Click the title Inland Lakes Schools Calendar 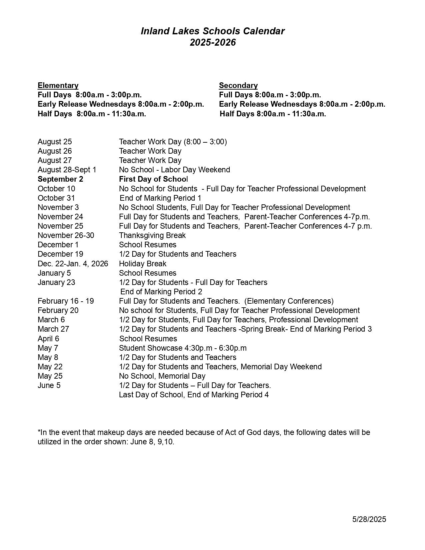[212, 31]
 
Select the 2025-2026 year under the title [213, 43]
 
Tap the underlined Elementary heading [58, 86]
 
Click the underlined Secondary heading [238, 86]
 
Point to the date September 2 [60, 179]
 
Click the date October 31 [56, 198]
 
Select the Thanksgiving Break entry [152, 236]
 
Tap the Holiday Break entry [143, 264]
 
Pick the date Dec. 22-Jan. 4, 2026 [73, 264]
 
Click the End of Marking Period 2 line [161, 292]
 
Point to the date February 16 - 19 [66, 301]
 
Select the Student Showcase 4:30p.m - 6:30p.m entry [183, 348]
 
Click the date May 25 [50, 376]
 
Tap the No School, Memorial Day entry [162, 376]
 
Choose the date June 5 [49, 386]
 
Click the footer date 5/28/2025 [369, 519]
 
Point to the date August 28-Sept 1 [67, 170]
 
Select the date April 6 [48, 339]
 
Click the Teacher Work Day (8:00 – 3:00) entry [173, 142]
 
